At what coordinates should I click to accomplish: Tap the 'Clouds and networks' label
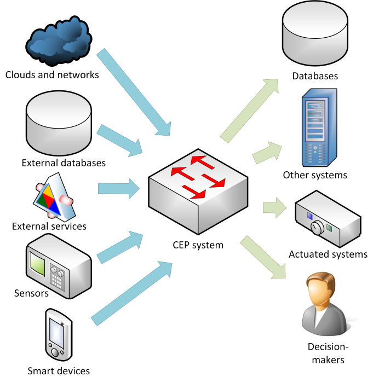[52, 74]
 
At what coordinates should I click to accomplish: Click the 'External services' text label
[50, 225]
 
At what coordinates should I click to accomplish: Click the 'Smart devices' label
[59, 371]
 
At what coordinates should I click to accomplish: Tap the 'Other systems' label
[315, 176]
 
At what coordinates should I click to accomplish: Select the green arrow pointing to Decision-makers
[265, 257]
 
